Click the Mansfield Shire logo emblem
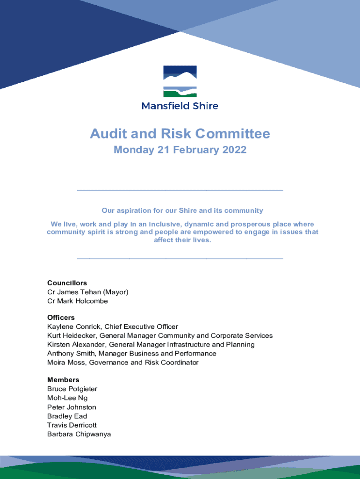click(180, 81)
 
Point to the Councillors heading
click(67, 283)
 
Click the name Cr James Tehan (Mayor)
click(87, 292)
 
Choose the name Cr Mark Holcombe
click(78, 301)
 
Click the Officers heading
click(61, 318)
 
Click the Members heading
click(63, 380)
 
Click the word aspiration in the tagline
click(137, 210)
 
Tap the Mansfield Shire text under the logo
click(180, 106)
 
